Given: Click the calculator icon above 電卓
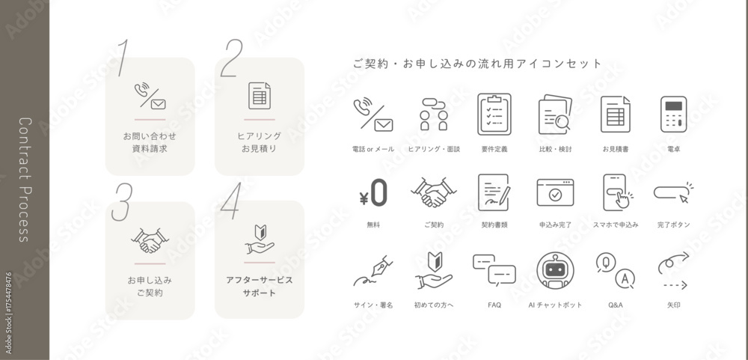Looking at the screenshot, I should (x=673, y=114).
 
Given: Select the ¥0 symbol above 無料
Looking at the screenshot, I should (x=373, y=193).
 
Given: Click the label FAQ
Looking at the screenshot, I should (x=494, y=305).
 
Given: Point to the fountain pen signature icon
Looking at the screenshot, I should (x=374, y=271).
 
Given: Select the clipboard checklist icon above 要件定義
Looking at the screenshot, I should (x=494, y=114).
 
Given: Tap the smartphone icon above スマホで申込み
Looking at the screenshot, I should (x=615, y=193).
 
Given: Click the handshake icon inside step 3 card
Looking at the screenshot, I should (x=150, y=241).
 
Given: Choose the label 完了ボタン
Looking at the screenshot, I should (x=673, y=225).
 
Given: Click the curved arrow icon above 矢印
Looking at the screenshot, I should (x=673, y=271).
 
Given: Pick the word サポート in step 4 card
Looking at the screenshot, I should (x=259, y=293).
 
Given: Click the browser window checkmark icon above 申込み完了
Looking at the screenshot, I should (x=555, y=193).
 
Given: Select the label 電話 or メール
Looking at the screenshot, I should (x=373, y=150).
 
